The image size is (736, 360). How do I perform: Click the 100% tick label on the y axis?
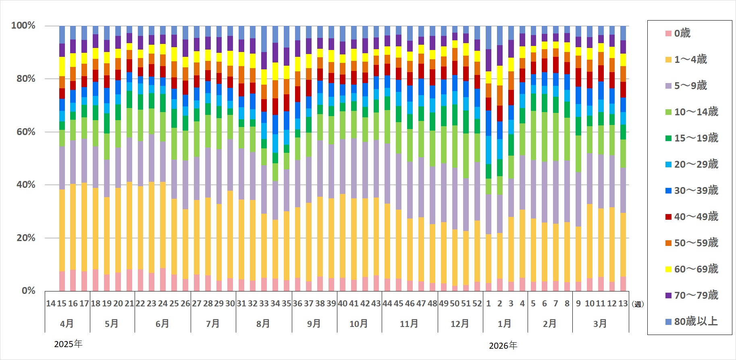click(x=23, y=26)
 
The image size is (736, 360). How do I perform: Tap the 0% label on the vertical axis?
click(x=28, y=291)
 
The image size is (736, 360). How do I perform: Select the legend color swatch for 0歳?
click(x=668, y=33)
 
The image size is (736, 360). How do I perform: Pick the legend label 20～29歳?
click(x=696, y=164)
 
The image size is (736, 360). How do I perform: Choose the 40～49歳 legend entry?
click(x=696, y=216)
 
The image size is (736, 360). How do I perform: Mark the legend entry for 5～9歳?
click(x=690, y=85)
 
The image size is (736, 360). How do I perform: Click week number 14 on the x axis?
click(x=51, y=304)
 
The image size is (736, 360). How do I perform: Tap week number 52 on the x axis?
click(x=477, y=304)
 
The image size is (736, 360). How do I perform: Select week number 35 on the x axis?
click(x=286, y=304)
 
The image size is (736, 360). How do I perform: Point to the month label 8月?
click(x=263, y=323)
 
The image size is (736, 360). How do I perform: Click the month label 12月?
click(x=460, y=323)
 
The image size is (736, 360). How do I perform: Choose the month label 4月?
click(x=67, y=323)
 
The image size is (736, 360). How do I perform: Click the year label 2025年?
click(x=68, y=344)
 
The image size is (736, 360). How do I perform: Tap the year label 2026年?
click(x=503, y=345)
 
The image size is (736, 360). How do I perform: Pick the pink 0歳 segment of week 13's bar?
click(x=623, y=284)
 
